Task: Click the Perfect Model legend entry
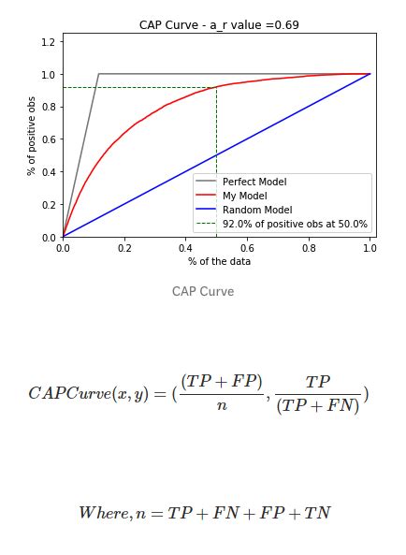(254, 181)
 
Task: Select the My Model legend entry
(246, 195)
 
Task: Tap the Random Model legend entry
(254, 210)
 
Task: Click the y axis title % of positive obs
(32, 139)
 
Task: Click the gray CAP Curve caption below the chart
(203, 291)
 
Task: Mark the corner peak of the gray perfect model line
(99, 74)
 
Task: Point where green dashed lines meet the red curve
(216, 87)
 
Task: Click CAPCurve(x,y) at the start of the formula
(85, 394)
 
